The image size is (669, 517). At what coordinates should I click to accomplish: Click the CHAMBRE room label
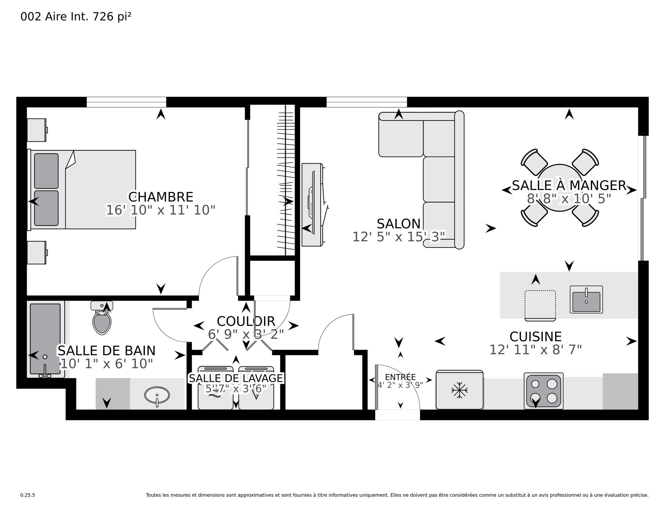click(x=160, y=197)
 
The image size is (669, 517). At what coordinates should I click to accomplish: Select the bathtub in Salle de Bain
click(x=45, y=339)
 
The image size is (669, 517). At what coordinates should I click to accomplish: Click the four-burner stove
click(x=543, y=391)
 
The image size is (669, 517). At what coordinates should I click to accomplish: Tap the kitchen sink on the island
click(x=586, y=300)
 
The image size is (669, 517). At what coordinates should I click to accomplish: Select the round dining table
click(x=560, y=188)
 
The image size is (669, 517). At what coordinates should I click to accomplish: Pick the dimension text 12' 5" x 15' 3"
click(x=398, y=237)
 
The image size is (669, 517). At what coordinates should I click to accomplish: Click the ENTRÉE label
click(x=400, y=377)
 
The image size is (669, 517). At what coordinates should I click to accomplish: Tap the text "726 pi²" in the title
click(x=112, y=16)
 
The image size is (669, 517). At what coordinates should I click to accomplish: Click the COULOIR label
click(x=246, y=322)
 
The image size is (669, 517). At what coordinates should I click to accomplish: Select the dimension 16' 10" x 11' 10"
click(x=160, y=210)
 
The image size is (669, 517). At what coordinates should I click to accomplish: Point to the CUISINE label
click(x=535, y=337)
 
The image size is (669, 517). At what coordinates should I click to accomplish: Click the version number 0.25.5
click(x=27, y=495)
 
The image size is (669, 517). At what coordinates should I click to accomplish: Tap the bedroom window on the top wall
click(x=126, y=102)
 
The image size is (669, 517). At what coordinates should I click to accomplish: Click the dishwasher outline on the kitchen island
click(x=540, y=305)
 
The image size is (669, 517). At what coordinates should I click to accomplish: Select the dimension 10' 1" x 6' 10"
click(x=106, y=364)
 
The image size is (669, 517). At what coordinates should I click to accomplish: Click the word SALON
click(x=398, y=224)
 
